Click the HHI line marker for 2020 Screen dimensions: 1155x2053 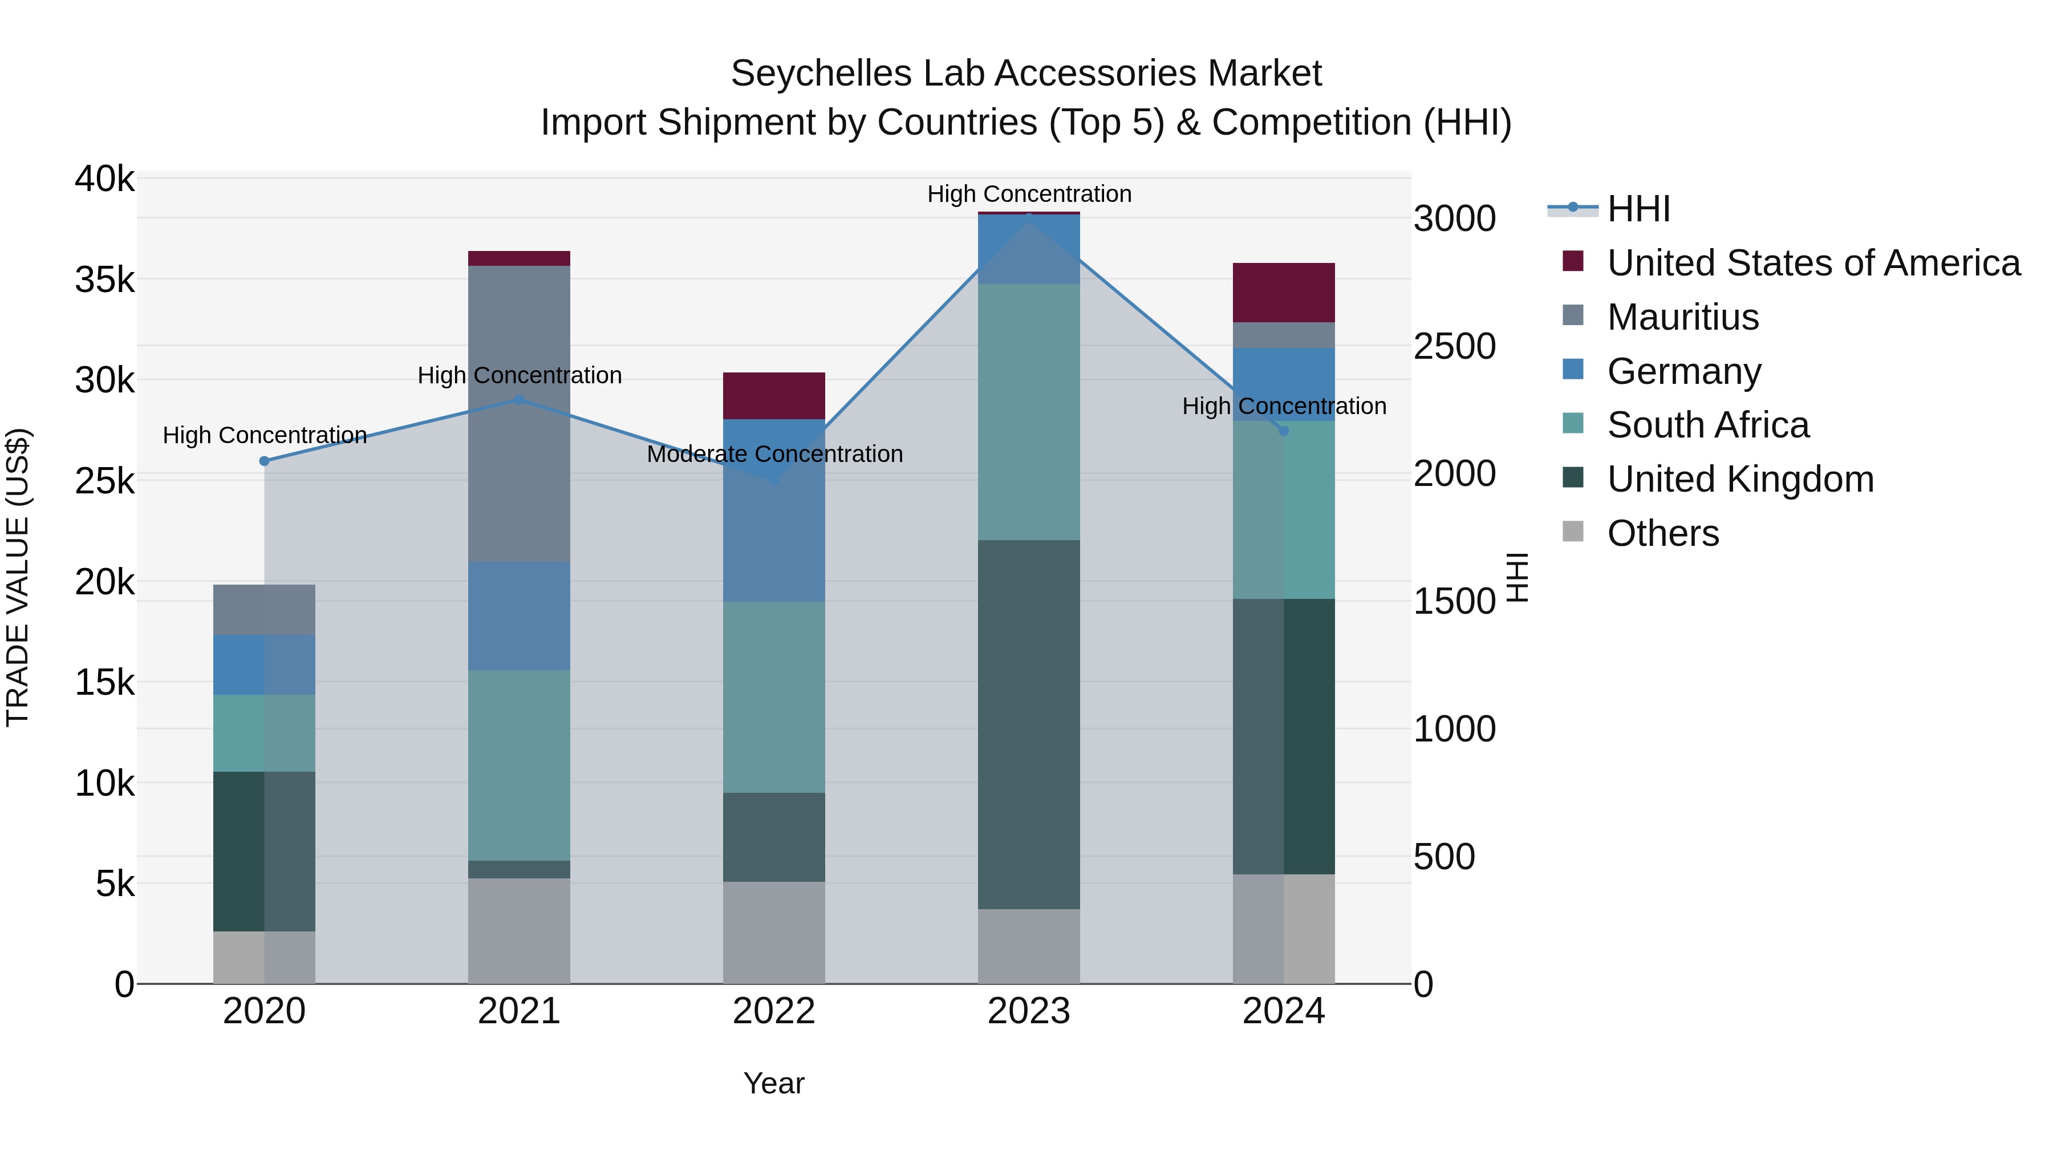point(265,461)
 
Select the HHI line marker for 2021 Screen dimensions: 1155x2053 point(519,399)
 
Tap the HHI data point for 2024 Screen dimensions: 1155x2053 point(1283,431)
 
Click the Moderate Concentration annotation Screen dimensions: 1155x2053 point(774,455)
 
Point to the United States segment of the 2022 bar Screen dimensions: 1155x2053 point(773,396)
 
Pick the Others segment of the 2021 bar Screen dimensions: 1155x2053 point(519,930)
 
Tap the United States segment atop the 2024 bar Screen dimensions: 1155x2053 point(1283,293)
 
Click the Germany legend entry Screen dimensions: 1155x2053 point(1683,371)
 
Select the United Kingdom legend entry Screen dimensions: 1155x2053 point(1740,479)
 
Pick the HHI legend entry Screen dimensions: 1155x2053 point(1638,209)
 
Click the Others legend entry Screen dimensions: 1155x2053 point(1662,533)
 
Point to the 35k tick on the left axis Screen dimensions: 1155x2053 point(104,280)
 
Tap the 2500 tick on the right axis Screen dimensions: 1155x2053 point(1454,347)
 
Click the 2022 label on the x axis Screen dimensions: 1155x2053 point(773,1011)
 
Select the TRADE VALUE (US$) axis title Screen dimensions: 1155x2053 point(18,577)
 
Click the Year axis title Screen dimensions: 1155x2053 point(773,1083)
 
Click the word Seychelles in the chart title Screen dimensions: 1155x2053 point(821,74)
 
